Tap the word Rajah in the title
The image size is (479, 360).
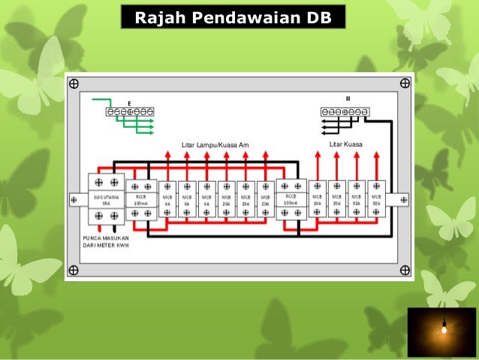[x=158, y=17]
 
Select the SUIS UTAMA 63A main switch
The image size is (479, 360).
[x=106, y=199]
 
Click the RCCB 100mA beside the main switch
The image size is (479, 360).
[x=140, y=199]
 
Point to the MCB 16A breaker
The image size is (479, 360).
[x=318, y=199]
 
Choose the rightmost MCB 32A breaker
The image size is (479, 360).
[x=376, y=199]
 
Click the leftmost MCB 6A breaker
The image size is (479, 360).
[x=167, y=199]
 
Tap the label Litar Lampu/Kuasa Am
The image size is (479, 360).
[x=215, y=144]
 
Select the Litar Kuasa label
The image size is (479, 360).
[x=346, y=144]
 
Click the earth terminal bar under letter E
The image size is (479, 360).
[x=130, y=112]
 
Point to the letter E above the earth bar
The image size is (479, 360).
[x=130, y=101]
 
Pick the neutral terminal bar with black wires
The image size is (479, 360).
[x=345, y=112]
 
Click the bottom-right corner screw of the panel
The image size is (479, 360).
[x=405, y=269]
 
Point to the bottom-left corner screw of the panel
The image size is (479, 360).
[x=74, y=269]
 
